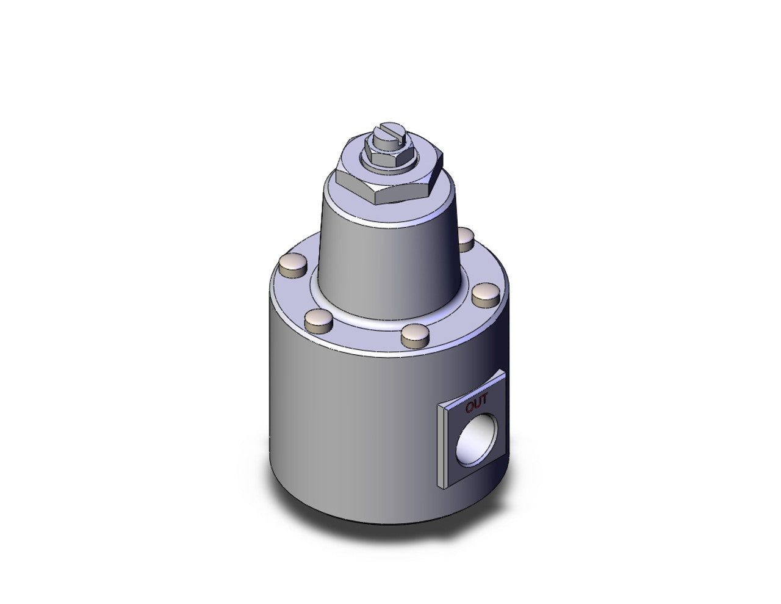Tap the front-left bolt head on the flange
[317, 318]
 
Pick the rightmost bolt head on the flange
[486, 293]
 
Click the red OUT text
[477, 404]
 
